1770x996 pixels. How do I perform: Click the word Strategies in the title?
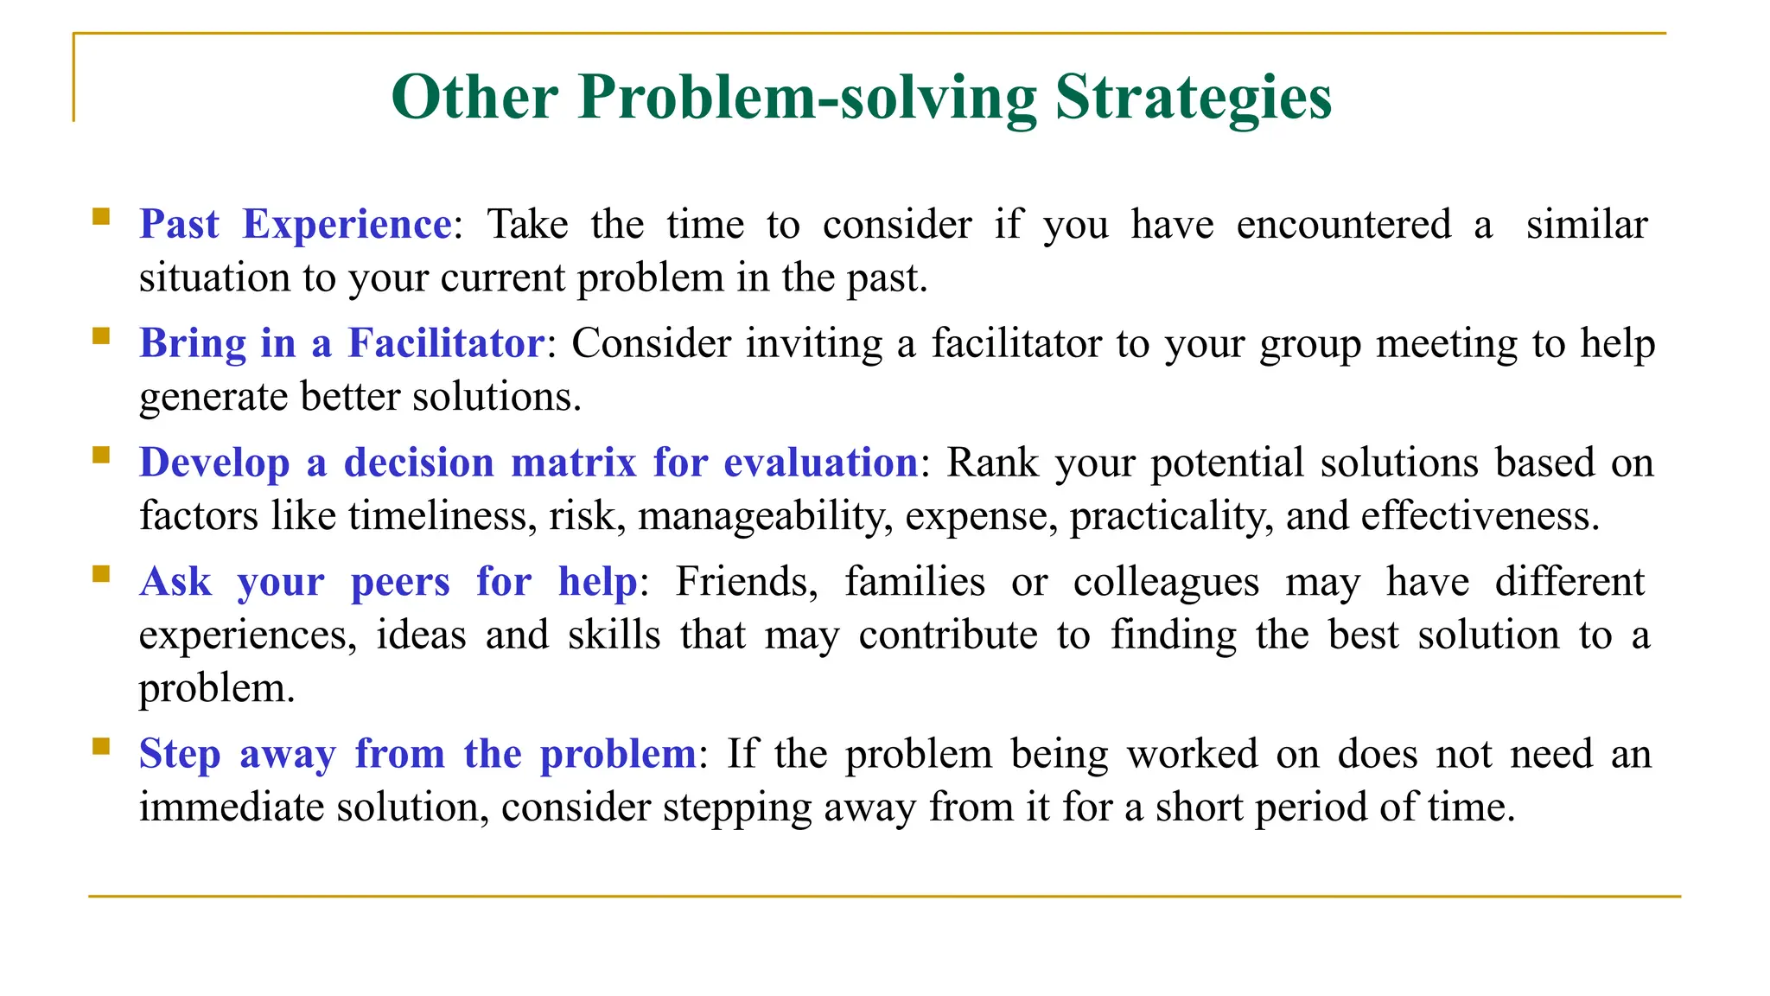(1193, 98)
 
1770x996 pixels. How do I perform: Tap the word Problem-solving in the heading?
(807, 98)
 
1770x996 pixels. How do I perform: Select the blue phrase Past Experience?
(296, 225)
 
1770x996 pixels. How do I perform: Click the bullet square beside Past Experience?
(101, 216)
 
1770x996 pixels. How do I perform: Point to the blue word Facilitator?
(445, 343)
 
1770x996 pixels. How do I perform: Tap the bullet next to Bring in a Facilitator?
(101, 335)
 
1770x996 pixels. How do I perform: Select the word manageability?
(765, 516)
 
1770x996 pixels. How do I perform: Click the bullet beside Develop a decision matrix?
(101, 455)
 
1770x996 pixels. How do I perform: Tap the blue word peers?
(400, 582)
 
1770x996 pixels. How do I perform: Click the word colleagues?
(1166, 582)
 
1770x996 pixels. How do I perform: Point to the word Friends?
(746, 582)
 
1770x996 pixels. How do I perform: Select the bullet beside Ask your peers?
(101, 574)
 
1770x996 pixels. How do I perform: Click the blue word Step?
(179, 754)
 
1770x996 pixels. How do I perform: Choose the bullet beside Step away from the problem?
(101, 746)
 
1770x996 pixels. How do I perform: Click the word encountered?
(1343, 225)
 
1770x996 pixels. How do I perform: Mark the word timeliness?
(443, 516)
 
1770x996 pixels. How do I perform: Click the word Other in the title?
(474, 98)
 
